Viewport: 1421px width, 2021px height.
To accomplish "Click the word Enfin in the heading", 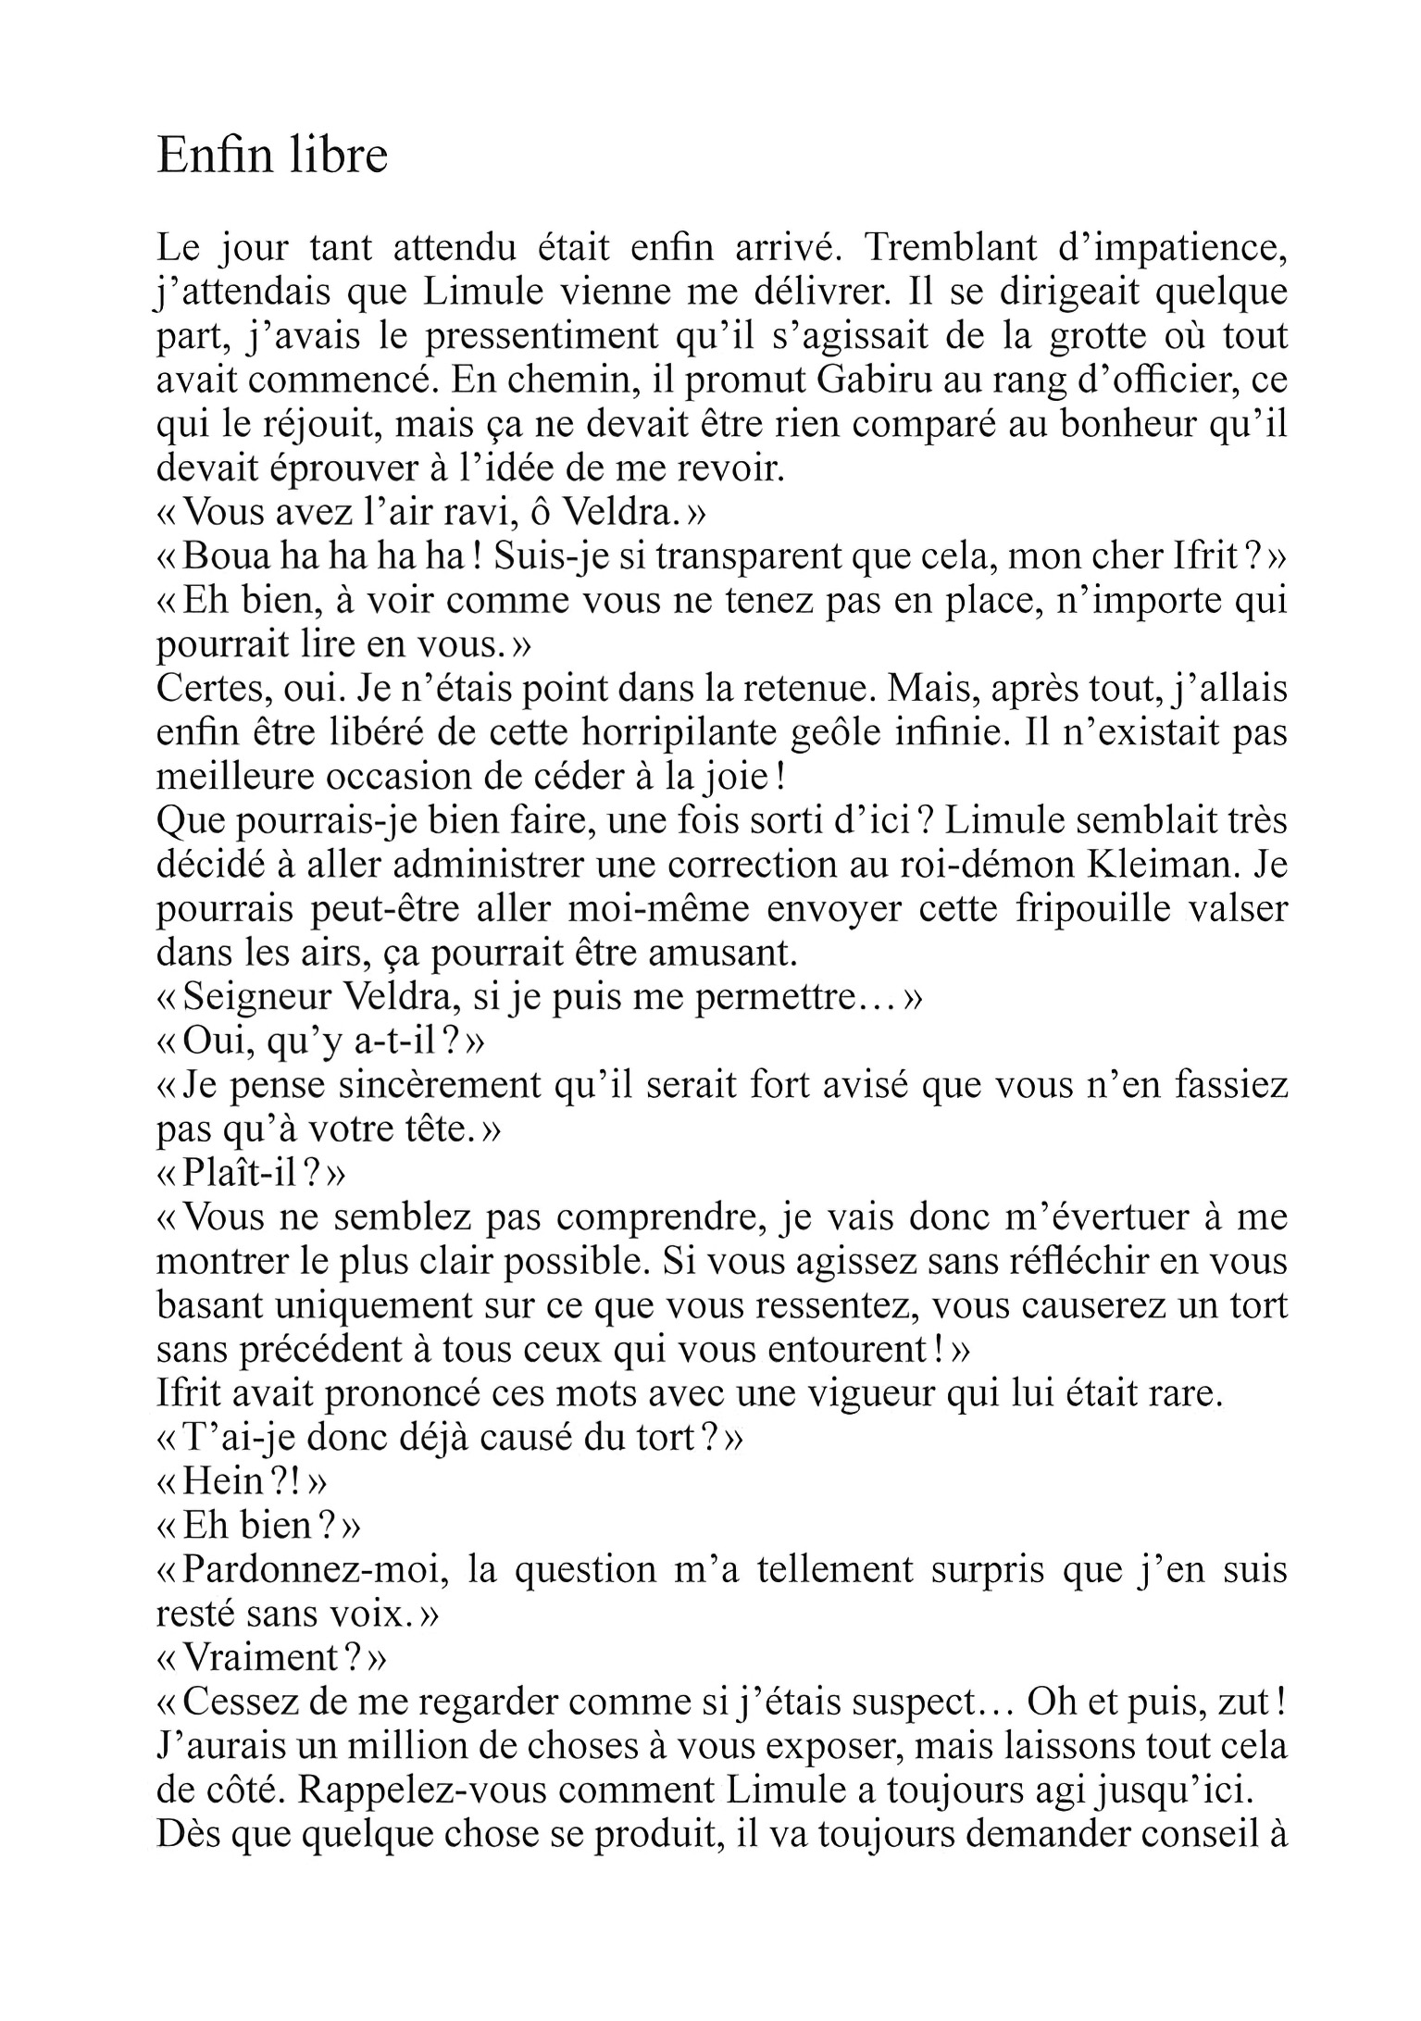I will click(213, 155).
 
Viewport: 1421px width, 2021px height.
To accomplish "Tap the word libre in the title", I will click(338, 155).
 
